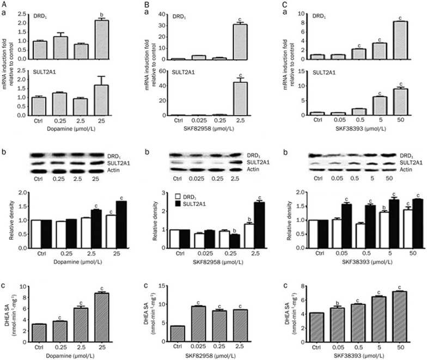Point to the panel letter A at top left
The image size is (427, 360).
click(x=4, y=4)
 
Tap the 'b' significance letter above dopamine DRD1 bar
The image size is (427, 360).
click(x=113, y=15)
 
